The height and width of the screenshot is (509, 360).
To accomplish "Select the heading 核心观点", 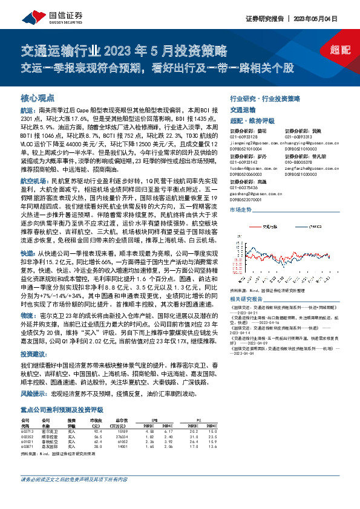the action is click(38, 97).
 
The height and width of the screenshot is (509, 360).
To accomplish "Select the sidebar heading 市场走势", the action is click(240, 209).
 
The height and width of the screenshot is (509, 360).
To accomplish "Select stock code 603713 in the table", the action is click(28, 430).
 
